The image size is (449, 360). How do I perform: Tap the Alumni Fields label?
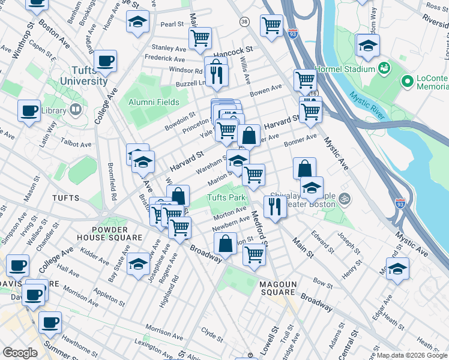154,102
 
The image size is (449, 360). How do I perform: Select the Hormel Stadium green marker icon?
384,69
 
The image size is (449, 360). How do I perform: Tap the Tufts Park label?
227,197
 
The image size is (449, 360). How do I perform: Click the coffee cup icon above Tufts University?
105,61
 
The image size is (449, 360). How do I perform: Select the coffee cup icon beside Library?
29,111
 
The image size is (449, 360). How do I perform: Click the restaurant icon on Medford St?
274,206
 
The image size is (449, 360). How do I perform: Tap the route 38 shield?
244,22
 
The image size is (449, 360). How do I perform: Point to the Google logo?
20,353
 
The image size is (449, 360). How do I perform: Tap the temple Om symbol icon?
344,197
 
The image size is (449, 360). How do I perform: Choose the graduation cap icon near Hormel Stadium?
367,45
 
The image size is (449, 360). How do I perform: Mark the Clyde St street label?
212,331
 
